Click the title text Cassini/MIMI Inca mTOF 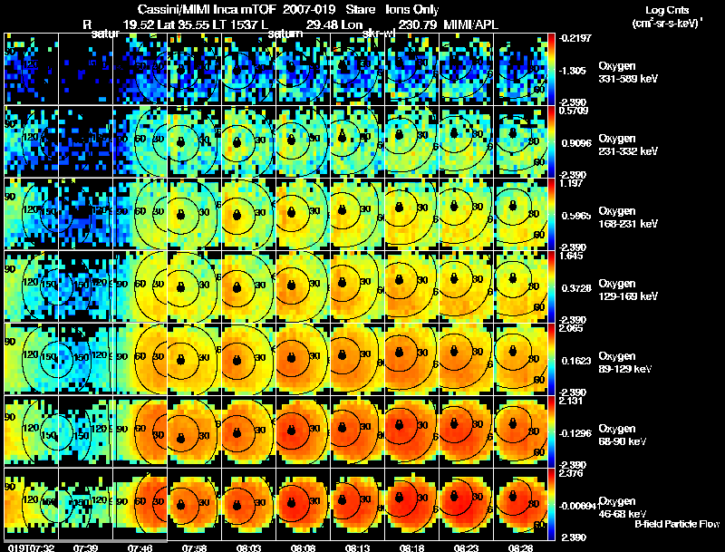click(x=207, y=9)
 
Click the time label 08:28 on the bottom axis click(x=521, y=547)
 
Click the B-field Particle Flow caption click(x=677, y=524)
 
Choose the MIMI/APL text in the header click(x=469, y=24)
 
